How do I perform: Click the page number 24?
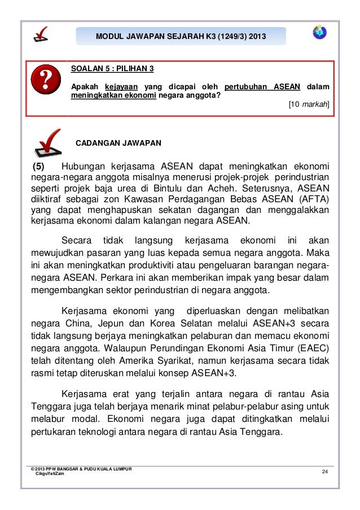click(x=324, y=472)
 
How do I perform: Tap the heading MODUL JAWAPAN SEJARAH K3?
click(x=181, y=37)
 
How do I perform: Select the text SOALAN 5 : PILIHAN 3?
click(x=112, y=69)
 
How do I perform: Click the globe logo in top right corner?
click(x=319, y=32)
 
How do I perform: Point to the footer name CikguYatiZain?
click(x=50, y=473)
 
